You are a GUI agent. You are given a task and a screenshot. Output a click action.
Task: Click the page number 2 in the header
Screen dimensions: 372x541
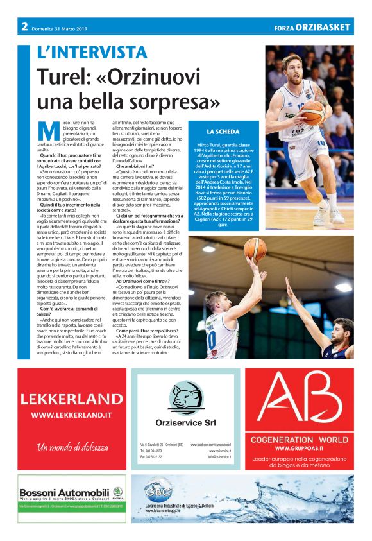24,27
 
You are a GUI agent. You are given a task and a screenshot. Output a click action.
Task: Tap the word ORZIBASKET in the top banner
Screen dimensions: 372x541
328,28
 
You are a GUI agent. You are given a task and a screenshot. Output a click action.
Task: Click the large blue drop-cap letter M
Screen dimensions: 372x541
46,130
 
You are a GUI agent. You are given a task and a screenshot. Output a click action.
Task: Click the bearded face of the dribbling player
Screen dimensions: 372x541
292,67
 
